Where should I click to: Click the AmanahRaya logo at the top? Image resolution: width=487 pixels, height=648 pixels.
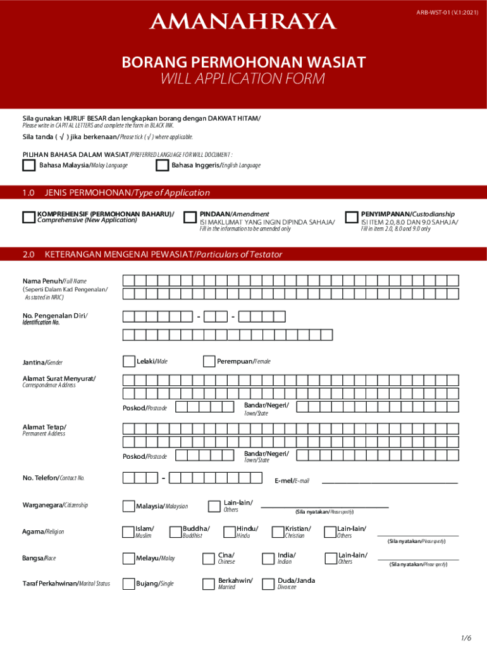pyautogui.click(x=243, y=23)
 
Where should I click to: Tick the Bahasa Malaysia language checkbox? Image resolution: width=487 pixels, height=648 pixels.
pyautogui.click(x=28, y=165)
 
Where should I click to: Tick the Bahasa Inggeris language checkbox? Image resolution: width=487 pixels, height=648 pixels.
pyautogui.click(x=161, y=165)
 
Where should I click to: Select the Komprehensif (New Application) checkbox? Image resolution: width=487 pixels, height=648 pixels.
pyautogui.click(x=28, y=217)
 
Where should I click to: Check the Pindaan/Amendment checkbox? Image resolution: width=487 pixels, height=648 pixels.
pyautogui.click(x=190, y=217)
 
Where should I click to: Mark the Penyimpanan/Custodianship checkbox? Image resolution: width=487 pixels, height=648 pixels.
pyautogui.click(x=352, y=217)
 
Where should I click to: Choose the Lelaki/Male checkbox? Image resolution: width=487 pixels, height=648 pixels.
pyautogui.click(x=128, y=361)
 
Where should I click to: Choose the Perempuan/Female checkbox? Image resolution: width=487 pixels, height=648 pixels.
pyautogui.click(x=209, y=361)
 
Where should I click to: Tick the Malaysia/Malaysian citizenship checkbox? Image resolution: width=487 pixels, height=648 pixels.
pyautogui.click(x=128, y=506)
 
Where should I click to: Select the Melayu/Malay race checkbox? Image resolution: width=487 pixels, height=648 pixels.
pyautogui.click(x=128, y=558)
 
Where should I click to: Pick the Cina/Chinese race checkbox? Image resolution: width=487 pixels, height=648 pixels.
pyautogui.click(x=207, y=558)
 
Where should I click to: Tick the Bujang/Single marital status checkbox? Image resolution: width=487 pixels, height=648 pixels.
pyautogui.click(x=128, y=583)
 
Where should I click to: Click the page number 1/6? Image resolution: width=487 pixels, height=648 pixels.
pyautogui.click(x=466, y=637)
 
